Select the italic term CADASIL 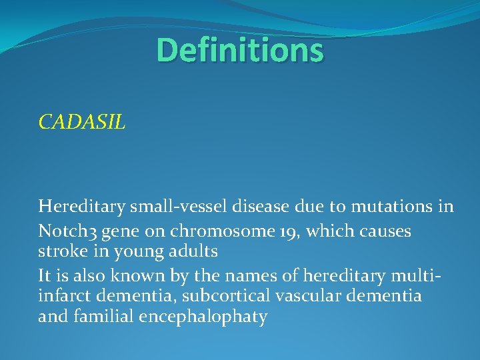(81, 122)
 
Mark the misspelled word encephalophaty (203, 317)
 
